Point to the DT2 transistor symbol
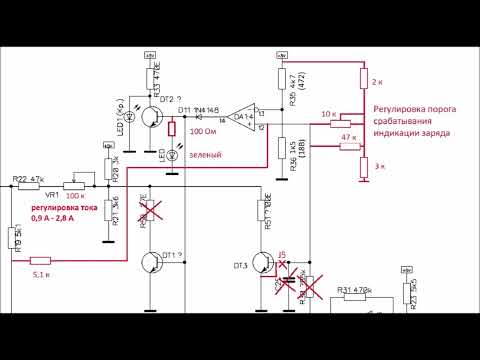click(x=152, y=117)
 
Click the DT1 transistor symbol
click(x=151, y=264)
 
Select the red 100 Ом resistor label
click(x=203, y=131)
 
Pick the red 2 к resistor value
click(x=378, y=80)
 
